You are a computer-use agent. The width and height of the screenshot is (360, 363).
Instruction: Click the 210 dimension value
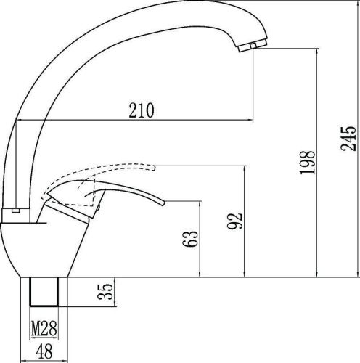tap(141, 110)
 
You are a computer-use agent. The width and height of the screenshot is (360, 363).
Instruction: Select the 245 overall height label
tap(348, 139)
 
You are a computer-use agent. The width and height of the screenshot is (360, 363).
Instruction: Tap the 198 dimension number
tap(307, 162)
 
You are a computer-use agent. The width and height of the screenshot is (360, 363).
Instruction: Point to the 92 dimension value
tap(235, 221)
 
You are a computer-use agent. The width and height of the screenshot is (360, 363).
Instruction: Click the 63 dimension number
tap(190, 239)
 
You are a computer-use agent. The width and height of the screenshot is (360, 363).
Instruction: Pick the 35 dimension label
tap(105, 291)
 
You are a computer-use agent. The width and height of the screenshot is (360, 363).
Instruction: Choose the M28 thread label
tap(44, 328)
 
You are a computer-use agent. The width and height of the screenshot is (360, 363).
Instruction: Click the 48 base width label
tap(44, 351)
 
